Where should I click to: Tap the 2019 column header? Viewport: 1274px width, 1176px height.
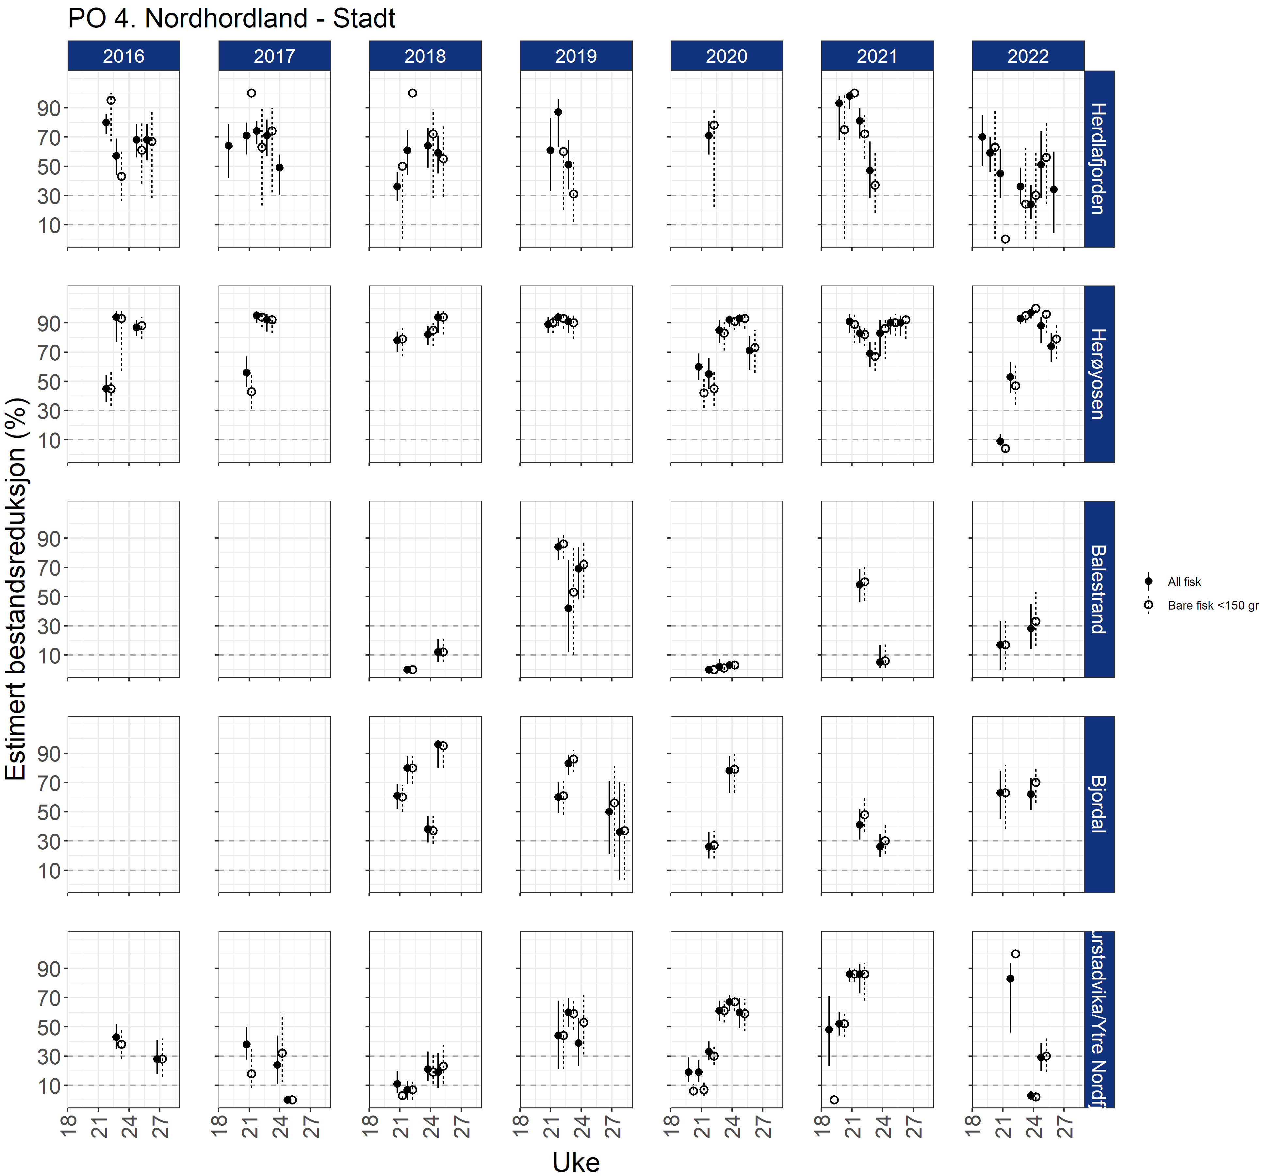[576, 56]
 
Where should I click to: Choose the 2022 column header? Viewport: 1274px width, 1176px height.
[1028, 56]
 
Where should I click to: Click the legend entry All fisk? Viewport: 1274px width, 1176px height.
[1184, 582]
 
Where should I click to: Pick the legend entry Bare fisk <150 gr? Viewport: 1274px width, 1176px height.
[1212, 605]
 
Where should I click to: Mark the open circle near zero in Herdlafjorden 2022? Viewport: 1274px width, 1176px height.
[1005, 239]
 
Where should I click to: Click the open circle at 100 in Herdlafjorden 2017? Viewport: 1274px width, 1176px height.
[251, 93]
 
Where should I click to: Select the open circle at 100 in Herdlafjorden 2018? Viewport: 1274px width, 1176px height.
[412, 93]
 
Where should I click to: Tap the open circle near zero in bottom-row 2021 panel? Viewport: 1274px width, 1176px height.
[834, 1100]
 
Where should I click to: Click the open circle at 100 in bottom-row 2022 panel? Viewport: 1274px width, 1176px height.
[1016, 954]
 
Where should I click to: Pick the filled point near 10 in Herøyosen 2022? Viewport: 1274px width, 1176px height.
[1000, 441]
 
